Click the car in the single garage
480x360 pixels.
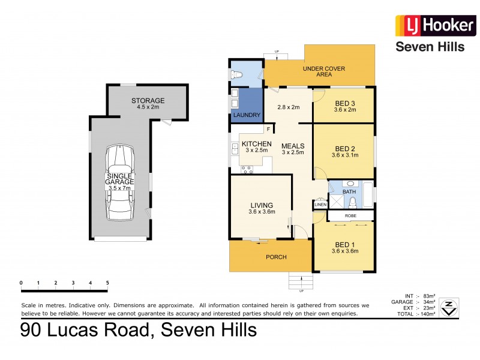pyautogui.click(x=120, y=183)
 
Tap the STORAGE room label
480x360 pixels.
pyautogui.click(x=148, y=100)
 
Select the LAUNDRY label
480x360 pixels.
pyautogui.click(x=246, y=114)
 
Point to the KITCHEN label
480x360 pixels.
pyautogui.click(x=256, y=144)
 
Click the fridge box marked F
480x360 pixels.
pyautogui.click(x=268, y=129)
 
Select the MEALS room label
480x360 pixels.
pyautogui.click(x=293, y=146)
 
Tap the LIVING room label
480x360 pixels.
pyautogui.click(x=262, y=204)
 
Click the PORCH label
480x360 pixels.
pyautogui.click(x=277, y=257)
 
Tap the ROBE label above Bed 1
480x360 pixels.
pyautogui.click(x=352, y=215)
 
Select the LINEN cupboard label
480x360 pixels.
pyautogui.click(x=320, y=205)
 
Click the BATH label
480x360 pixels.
pyautogui.click(x=350, y=192)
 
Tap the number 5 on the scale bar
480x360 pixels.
pyautogui.click(x=107, y=283)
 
